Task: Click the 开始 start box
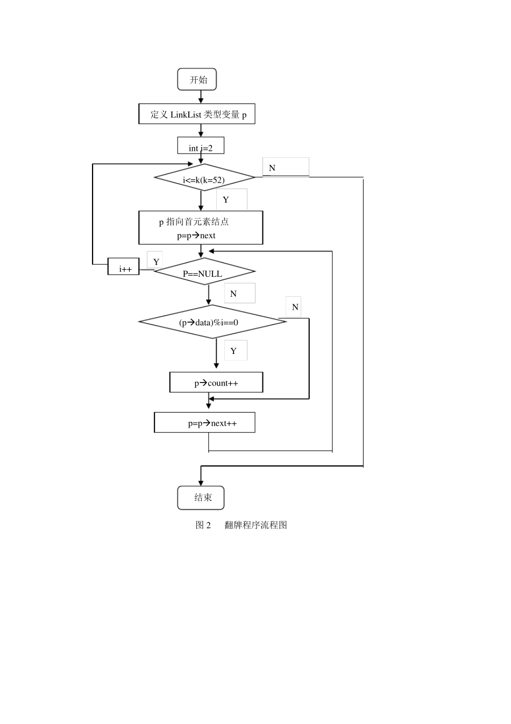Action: tap(197, 80)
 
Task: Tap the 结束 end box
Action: tap(201, 498)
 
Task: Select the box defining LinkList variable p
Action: tap(197, 114)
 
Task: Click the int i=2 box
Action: tap(201, 147)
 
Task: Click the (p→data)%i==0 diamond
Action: tap(212, 322)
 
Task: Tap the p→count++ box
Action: tap(216, 382)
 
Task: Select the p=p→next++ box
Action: tap(204, 423)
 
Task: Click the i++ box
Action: tap(124, 267)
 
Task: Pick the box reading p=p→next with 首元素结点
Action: tap(201, 228)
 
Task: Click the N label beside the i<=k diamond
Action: tap(272, 168)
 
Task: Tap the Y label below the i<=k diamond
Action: tap(226, 200)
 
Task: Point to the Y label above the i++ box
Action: tap(156, 262)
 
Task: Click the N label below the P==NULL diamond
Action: tap(233, 294)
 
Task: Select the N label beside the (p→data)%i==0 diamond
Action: tap(295, 307)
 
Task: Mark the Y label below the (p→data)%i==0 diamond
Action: tap(233, 351)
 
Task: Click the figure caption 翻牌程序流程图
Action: tap(256, 525)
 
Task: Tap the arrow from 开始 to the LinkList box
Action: tap(201, 97)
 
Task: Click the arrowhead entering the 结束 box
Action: tap(201, 483)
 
